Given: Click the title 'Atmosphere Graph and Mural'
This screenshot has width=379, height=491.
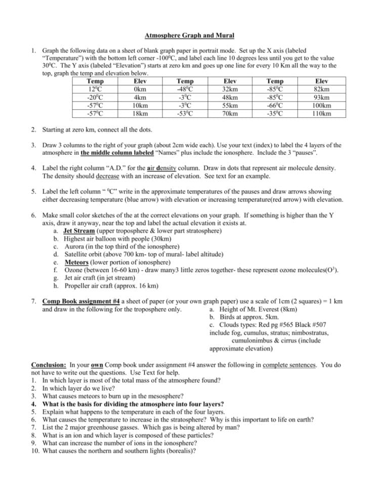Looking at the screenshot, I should pyautogui.click(x=189, y=36).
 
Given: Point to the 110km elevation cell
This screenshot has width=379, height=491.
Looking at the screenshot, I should pyautogui.click(x=321, y=113).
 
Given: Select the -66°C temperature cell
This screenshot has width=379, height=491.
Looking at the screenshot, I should pyautogui.click(x=275, y=105).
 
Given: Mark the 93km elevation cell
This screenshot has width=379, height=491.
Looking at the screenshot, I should pyautogui.click(x=321, y=97).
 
